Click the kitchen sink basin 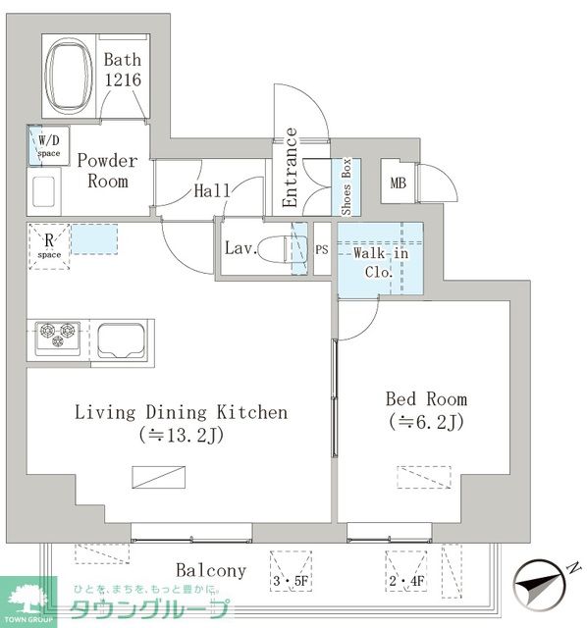[x=121, y=340]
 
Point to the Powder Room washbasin [x=43, y=192]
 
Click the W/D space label [x=49, y=146]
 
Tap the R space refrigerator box [x=49, y=246]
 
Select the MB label [x=399, y=183]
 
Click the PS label [x=322, y=250]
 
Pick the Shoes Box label [x=346, y=186]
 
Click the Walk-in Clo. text [x=380, y=263]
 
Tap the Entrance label [x=290, y=168]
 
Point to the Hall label [x=212, y=190]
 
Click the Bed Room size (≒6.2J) [x=426, y=422]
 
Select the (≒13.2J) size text [x=182, y=436]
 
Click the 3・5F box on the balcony [x=291, y=571]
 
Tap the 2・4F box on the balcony [x=405, y=571]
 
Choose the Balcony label [x=211, y=570]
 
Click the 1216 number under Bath [x=123, y=79]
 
